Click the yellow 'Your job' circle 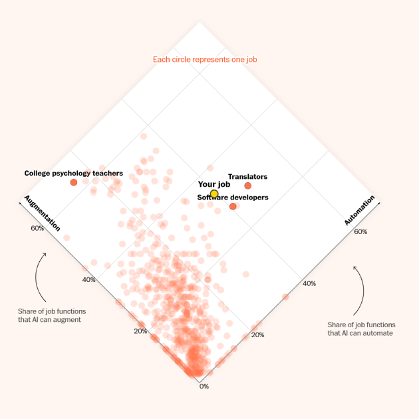[214, 194]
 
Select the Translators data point [248, 186]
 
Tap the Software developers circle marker [233, 206]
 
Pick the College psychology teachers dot [74, 182]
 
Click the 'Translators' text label [247, 177]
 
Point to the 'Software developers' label [233, 198]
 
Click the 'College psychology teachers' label [74, 173]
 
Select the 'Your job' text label [213, 184]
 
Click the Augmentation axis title [42, 213]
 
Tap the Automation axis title [360, 210]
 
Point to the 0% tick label [204, 386]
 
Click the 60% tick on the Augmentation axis [37, 228]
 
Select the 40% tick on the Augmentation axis [89, 279]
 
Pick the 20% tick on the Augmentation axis [140, 331]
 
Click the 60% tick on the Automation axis [360, 232]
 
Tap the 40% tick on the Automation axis [309, 283]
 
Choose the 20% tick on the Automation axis [257, 335]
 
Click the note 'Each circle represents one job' [205, 60]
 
